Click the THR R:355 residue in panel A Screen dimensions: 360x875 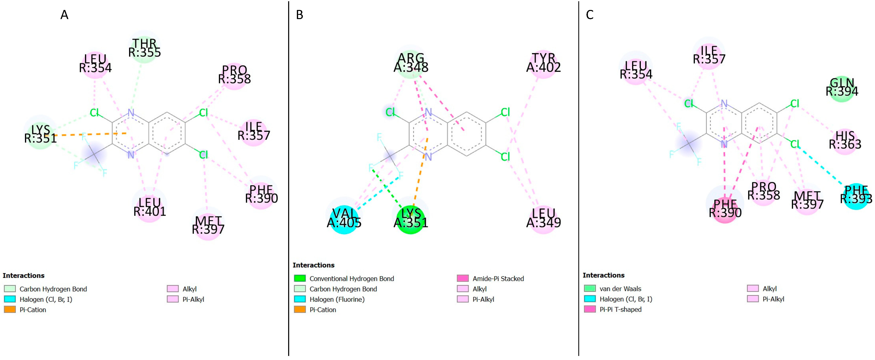coord(144,49)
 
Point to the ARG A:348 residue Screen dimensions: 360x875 coord(411,63)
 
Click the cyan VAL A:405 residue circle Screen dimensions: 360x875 coord(344,219)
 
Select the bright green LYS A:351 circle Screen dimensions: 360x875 coord(411,219)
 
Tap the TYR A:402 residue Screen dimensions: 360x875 coord(543,63)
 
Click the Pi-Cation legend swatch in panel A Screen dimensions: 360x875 coord(10,310)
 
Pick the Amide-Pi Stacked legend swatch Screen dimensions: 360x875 coord(463,278)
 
